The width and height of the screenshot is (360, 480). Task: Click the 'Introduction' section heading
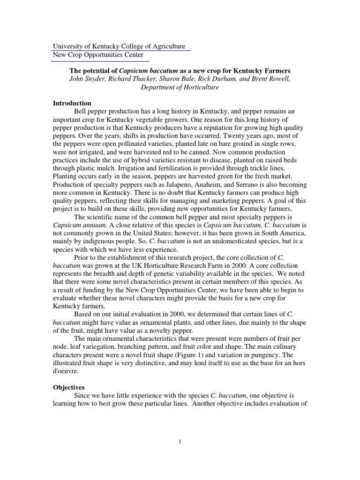[x=72, y=103]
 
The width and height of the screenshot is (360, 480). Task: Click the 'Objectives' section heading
[x=68, y=388]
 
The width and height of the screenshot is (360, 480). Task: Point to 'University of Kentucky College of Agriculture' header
[x=119, y=47]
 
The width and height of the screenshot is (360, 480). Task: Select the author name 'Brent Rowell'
[x=270, y=79]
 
